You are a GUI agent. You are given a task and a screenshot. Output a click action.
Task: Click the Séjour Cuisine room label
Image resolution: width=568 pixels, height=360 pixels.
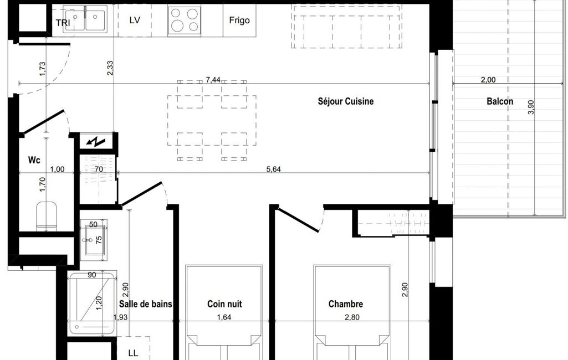[x=346, y=101]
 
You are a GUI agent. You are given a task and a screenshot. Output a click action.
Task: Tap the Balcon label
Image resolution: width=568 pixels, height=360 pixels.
[x=500, y=101]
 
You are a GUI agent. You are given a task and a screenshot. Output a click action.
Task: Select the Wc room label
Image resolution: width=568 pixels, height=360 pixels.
[x=34, y=160]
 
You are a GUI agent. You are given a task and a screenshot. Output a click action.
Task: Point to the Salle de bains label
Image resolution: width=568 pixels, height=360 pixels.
[x=146, y=304]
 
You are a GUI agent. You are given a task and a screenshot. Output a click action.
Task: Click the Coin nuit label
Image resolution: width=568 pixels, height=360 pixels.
[x=224, y=304]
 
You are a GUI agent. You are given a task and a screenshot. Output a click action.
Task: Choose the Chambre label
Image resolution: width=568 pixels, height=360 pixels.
[x=346, y=304]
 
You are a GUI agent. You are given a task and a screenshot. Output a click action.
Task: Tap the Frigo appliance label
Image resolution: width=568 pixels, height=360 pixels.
[x=239, y=20]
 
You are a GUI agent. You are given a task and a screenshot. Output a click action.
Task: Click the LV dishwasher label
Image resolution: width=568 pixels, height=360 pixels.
[x=135, y=20]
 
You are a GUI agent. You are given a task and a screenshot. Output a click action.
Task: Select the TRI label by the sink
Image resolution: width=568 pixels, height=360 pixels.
[x=63, y=23]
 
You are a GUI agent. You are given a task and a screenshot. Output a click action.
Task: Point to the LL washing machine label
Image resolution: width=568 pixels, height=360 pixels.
[x=134, y=353]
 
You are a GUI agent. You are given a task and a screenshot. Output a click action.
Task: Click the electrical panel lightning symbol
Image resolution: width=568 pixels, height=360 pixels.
[x=96, y=142]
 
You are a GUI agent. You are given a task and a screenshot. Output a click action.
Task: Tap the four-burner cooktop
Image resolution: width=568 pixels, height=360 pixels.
[x=185, y=20]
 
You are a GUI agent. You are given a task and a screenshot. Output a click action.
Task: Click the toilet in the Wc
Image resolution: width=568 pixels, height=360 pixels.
[x=47, y=216]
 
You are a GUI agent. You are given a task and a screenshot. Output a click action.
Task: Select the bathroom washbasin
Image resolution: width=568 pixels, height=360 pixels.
[x=93, y=240]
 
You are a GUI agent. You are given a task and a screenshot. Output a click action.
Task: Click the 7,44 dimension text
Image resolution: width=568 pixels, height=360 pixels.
[x=213, y=80]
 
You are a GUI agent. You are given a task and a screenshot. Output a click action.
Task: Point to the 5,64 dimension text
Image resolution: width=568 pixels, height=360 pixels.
[x=274, y=169]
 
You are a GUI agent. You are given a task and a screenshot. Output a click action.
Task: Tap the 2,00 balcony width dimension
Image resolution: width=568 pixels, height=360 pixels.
[x=488, y=80]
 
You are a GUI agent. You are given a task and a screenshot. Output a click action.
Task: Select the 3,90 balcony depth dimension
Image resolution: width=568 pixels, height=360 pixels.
[x=531, y=107]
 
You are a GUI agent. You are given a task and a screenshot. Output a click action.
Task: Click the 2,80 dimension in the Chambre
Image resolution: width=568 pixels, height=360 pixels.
[x=352, y=317]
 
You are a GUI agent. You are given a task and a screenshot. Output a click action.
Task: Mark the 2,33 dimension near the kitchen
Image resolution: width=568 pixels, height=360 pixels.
[x=110, y=68]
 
